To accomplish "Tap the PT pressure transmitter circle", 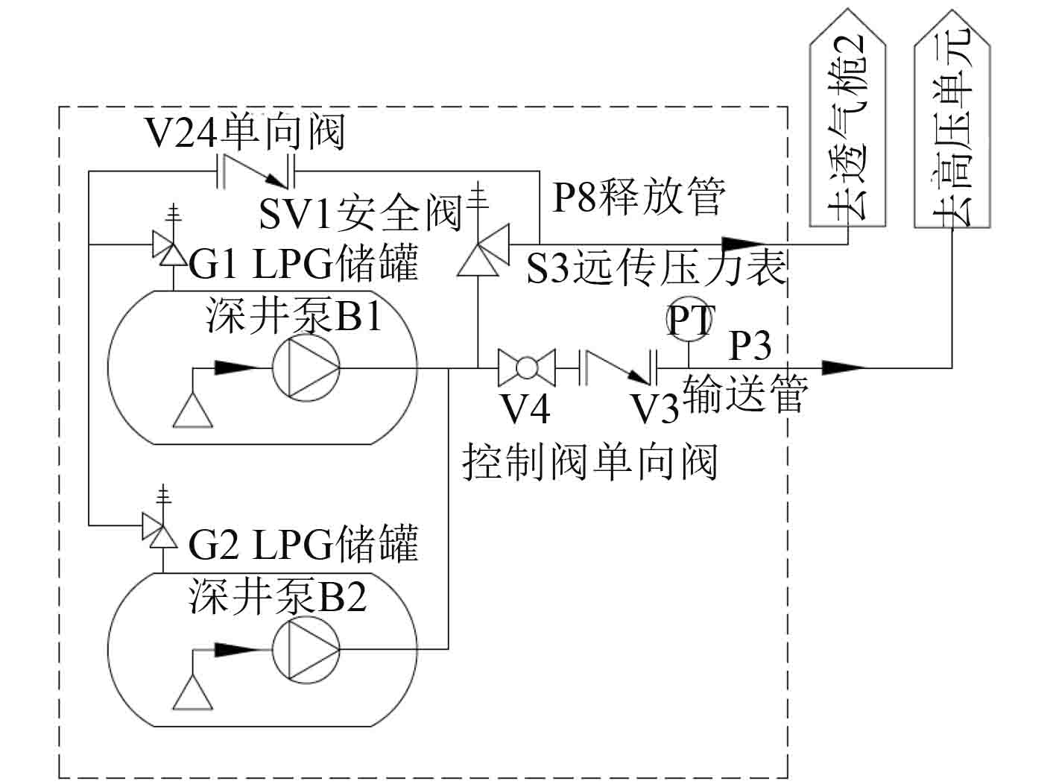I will (689, 320).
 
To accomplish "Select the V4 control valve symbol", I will (527, 367).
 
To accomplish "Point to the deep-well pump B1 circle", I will (306, 367).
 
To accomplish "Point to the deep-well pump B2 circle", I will (306, 650).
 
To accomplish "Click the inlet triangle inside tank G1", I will (193, 410).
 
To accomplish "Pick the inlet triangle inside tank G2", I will (193, 692).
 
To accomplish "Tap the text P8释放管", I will (639, 197).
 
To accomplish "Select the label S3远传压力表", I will (656, 268).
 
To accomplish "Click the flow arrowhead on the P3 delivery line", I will (844, 367).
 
